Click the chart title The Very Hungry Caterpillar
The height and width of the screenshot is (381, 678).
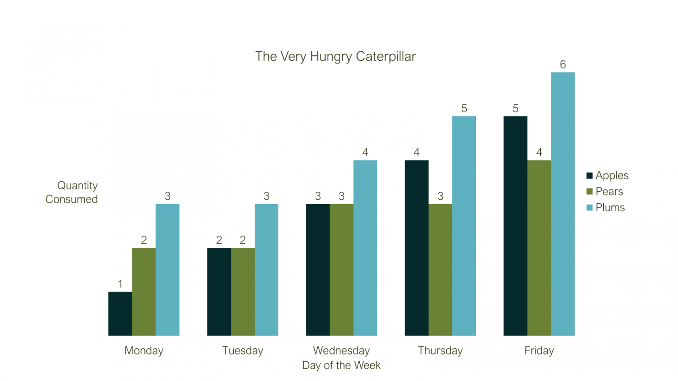click(335, 56)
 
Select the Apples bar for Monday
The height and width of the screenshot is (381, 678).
click(120, 314)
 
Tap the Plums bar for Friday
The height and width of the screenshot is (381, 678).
click(563, 204)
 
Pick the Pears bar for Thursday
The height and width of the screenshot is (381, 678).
click(440, 269)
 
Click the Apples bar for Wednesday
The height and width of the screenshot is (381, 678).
click(318, 269)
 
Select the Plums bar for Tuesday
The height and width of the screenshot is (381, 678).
click(266, 269)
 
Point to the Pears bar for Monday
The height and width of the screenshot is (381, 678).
click(144, 291)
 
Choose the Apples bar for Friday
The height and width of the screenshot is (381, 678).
click(515, 226)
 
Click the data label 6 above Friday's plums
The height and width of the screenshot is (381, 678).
click(563, 64)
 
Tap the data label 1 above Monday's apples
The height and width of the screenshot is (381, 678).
click(120, 284)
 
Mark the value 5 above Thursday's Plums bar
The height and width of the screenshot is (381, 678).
click(464, 108)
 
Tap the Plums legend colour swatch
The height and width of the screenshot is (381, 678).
click(589, 208)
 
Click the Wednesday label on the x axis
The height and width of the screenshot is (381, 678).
click(341, 351)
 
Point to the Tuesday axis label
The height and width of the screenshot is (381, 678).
click(242, 351)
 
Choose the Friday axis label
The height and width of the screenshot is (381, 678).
click(539, 351)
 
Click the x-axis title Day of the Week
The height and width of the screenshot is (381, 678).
click(341, 365)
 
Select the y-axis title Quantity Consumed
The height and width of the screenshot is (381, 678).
click(72, 192)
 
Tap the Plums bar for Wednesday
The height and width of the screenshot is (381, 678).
click(365, 248)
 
